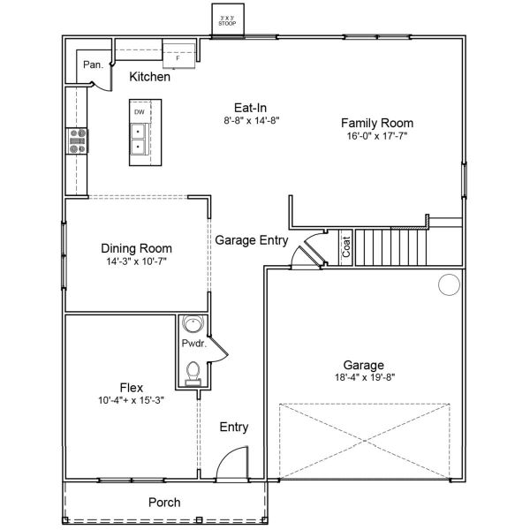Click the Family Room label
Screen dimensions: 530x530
click(377, 124)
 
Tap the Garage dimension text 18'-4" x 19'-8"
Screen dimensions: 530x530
click(364, 378)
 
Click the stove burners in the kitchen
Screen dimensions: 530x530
click(78, 141)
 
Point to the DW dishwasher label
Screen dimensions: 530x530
click(140, 113)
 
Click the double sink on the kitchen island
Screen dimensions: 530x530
click(140, 140)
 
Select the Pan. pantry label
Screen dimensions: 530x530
click(93, 64)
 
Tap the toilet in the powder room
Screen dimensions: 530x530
click(193, 371)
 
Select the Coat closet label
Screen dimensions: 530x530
click(346, 246)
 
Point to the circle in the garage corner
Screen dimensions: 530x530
click(450, 284)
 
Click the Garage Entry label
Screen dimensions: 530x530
click(252, 240)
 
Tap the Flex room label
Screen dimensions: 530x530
click(132, 387)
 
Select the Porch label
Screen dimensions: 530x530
click(164, 502)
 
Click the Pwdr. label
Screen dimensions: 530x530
click(193, 344)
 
